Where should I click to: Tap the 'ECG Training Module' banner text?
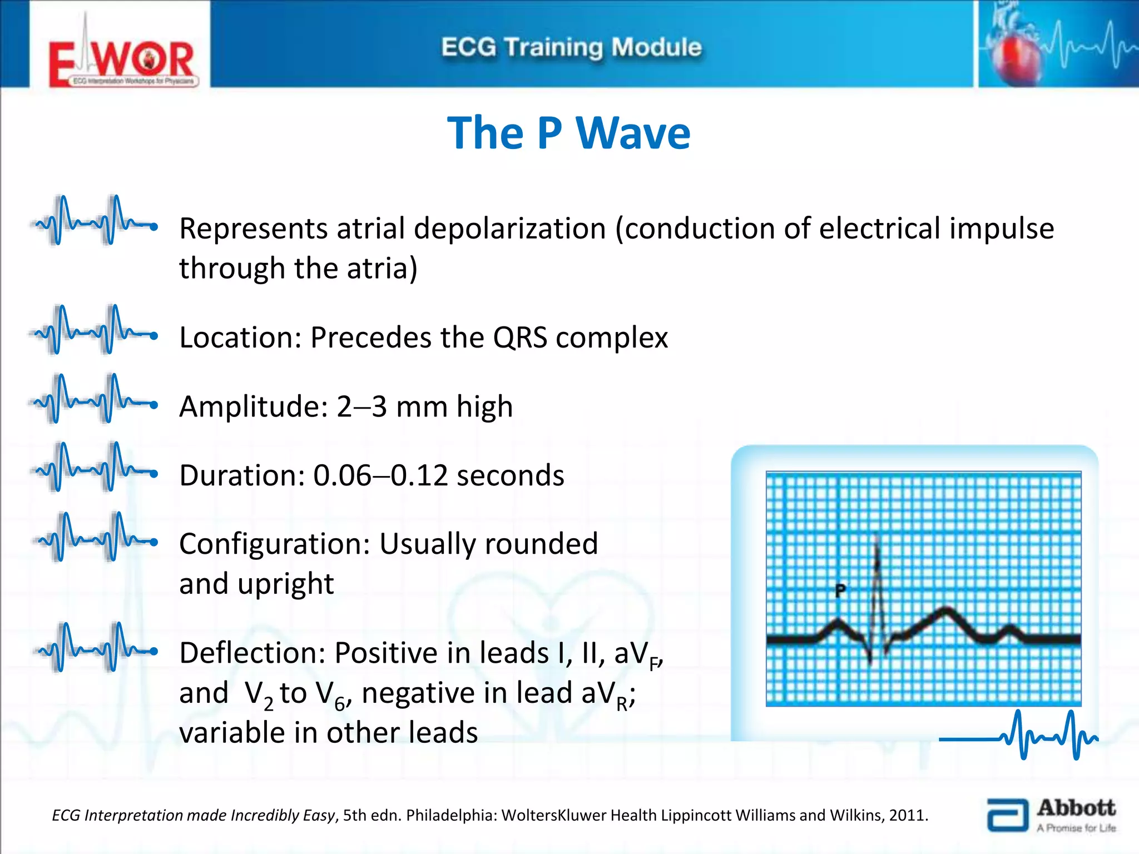click(571, 47)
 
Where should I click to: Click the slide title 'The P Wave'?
click(568, 133)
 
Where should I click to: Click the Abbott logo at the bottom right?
click(1051, 815)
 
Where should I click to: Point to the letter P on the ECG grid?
click(840, 590)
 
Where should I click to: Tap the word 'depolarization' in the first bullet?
click(509, 229)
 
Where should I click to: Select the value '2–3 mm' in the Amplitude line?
click(391, 406)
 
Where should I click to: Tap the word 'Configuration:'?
click(274, 544)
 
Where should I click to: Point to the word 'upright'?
click(285, 584)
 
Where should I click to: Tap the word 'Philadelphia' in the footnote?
click(449, 815)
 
